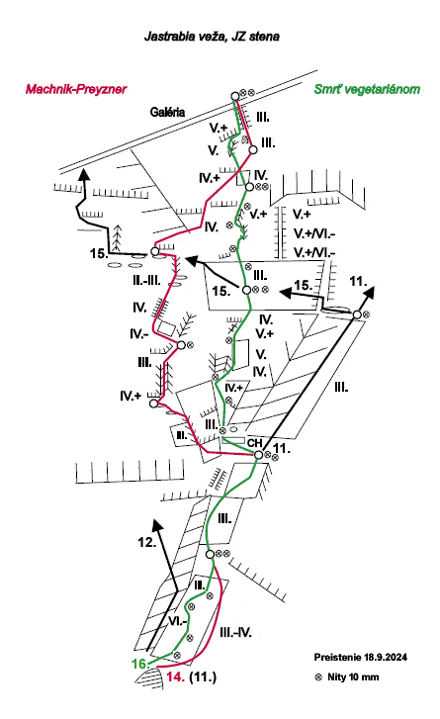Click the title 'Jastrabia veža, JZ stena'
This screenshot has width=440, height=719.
[212, 37]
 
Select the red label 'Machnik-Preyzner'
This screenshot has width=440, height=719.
[76, 89]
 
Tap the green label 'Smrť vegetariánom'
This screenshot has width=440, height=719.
[367, 89]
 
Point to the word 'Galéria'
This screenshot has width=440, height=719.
[167, 112]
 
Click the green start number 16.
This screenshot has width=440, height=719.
[138, 664]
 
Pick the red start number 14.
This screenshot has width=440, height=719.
[176, 676]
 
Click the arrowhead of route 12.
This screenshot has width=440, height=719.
[157, 526]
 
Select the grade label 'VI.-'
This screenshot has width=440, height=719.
[177, 621]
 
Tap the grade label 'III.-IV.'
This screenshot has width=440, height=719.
[235, 633]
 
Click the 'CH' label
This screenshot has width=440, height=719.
[254, 443]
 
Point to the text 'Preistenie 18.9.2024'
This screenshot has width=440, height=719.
[360, 657]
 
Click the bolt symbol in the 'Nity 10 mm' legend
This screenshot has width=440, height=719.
[319, 677]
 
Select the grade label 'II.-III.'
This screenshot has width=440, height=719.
[146, 281]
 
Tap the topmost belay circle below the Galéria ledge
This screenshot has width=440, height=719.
[235, 96]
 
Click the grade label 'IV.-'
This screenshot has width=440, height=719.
[138, 334]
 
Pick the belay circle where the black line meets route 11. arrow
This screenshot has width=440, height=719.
[357, 315]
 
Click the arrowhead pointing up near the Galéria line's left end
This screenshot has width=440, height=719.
[83, 175]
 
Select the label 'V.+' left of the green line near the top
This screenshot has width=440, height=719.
[219, 128]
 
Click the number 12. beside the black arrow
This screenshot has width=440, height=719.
[147, 542]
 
